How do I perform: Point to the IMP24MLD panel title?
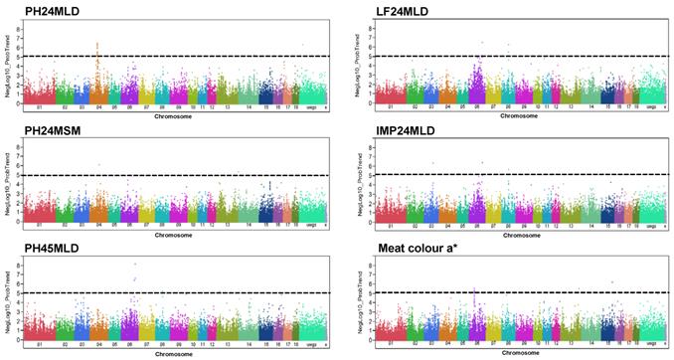[383, 129]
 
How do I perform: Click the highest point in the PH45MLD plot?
[135, 264]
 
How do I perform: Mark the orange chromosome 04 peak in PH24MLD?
[96, 44]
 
